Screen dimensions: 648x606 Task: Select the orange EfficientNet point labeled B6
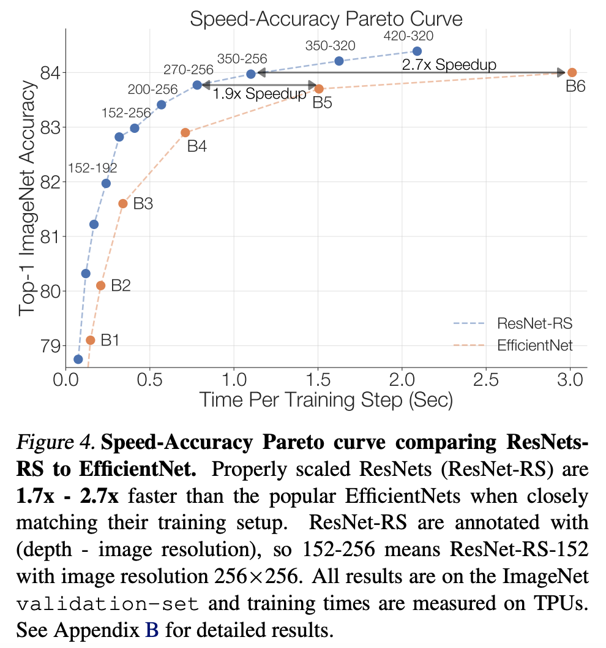click(x=572, y=72)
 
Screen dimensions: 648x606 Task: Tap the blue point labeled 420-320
click(x=417, y=51)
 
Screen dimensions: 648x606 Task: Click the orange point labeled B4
click(x=185, y=132)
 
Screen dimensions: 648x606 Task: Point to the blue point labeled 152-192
click(x=106, y=183)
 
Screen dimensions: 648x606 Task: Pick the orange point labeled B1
click(x=91, y=340)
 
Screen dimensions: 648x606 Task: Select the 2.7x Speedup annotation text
click(x=449, y=64)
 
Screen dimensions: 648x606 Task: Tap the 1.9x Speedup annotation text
click(x=259, y=94)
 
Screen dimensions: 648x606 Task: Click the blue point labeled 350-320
click(x=339, y=61)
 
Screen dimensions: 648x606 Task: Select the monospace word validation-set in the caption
click(x=108, y=605)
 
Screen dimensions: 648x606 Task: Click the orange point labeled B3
click(x=123, y=203)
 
